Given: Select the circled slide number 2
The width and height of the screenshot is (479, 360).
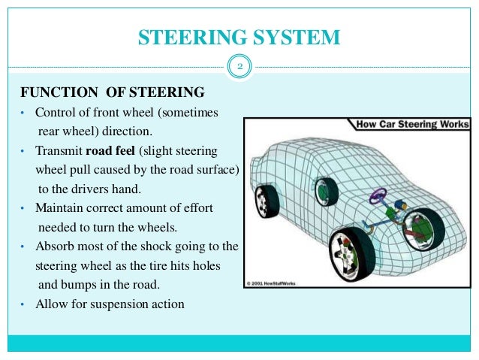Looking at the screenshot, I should click(x=239, y=68).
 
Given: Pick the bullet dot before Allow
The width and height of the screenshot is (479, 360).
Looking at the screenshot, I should click(x=23, y=304).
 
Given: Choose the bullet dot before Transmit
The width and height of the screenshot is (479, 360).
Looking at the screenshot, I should click(x=23, y=150).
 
